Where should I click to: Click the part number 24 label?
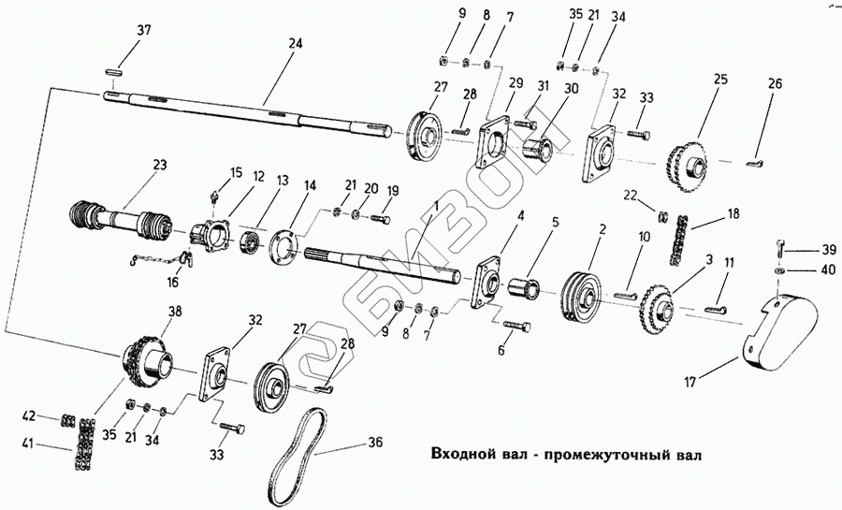pyautogui.click(x=296, y=43)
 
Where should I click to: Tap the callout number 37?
pyautogui.click(x=143, y=31)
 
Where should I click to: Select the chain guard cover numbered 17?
pyautogui.click(x=781, y=333)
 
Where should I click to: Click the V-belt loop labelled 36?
pyautogui.click(x=297, y=458)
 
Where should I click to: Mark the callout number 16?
pyautogui.click(x=172, y=283)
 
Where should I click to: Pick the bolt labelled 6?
pyautogui.click(x=517, y=326)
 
